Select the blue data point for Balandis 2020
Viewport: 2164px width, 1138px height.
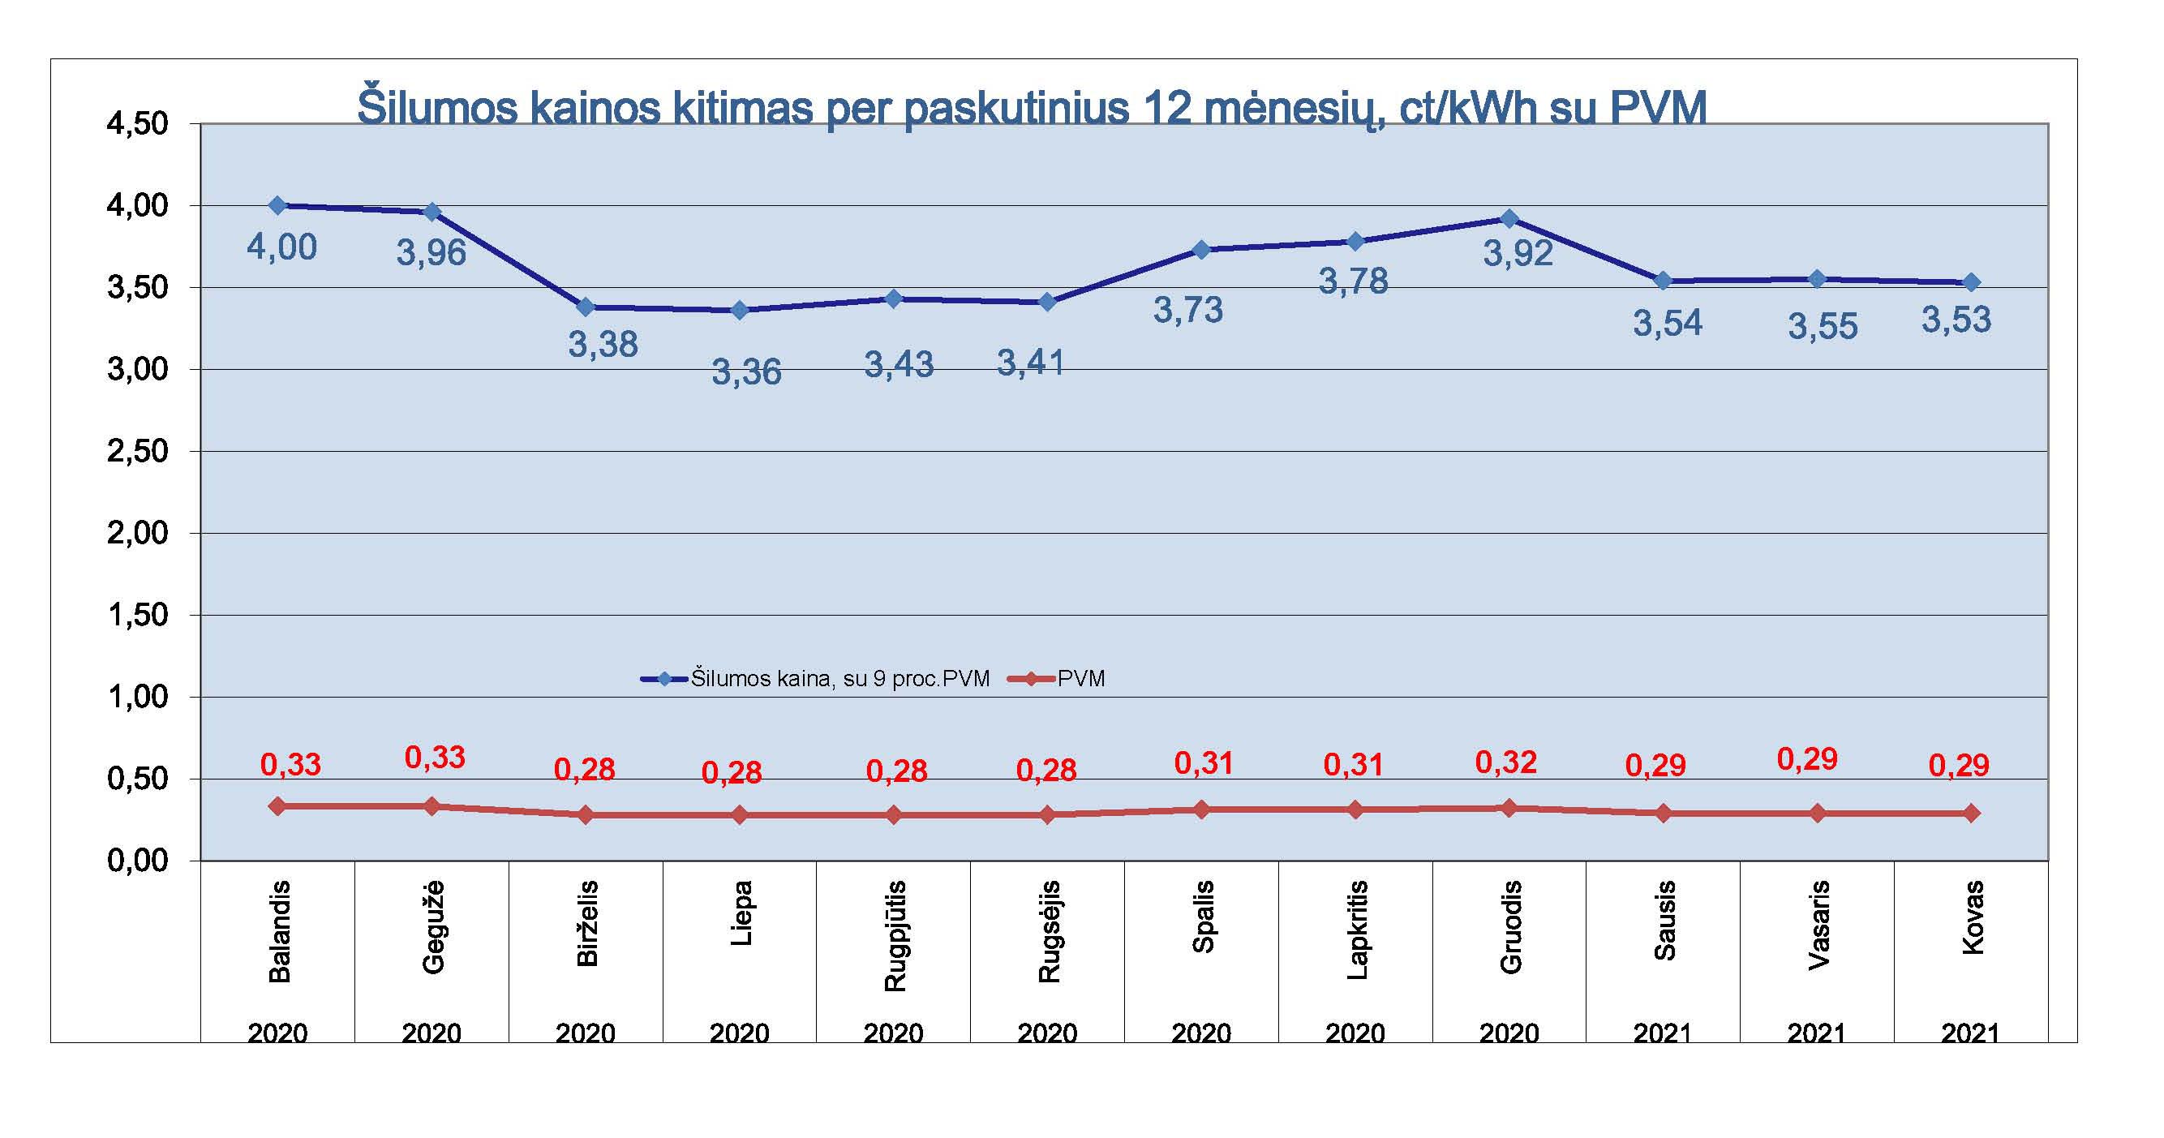[278, 205]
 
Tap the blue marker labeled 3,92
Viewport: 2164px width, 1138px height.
[1509, 218]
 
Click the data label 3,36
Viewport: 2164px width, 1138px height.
[746, 372]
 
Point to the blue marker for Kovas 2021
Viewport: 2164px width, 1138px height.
[1972, 282]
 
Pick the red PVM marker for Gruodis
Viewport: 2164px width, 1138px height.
[1509, 808]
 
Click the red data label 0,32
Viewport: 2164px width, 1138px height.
[1505, 762]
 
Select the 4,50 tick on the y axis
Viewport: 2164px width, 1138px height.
[137, 124]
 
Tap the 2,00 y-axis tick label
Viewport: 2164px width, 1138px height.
[137, 533]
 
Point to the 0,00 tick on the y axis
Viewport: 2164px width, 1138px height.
[137, 861]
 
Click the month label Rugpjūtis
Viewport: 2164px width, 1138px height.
[895, 935]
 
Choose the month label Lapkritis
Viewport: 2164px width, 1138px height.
[1357, 929]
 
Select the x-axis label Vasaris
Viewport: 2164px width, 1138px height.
[1818, 925]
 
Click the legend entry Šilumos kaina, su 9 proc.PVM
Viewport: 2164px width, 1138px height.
[839, 679]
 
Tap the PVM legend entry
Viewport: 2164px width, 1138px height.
[1080, 679]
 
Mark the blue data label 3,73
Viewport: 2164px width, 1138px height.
[1187, 310]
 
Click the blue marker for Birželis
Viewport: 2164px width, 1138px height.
[586, 307]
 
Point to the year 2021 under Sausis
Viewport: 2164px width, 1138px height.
[1663, 1033]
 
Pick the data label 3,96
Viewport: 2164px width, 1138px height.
[431, 253]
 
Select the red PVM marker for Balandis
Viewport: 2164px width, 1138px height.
[278, 806]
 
